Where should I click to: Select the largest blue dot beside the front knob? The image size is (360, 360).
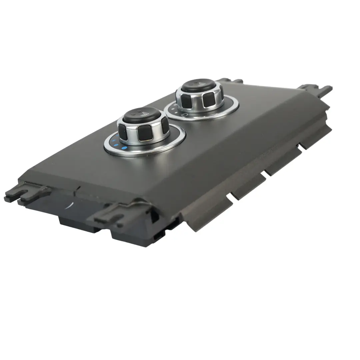pyautogui.click(x=124, y=148)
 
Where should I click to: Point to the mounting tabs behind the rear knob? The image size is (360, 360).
pyautogui.click(x=230, y=81)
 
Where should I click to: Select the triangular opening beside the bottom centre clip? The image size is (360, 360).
pyautogui.click(x=155, y=217)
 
